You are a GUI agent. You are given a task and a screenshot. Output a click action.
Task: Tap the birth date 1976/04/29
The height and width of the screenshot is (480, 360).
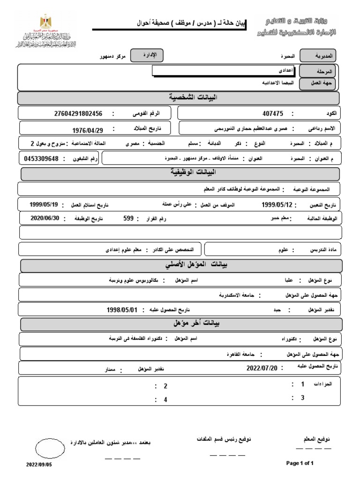[88, 131]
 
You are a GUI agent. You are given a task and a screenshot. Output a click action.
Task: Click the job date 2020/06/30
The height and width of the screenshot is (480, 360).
[45, 218]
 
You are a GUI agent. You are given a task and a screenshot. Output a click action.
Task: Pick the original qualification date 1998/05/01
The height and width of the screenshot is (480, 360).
[122, 310]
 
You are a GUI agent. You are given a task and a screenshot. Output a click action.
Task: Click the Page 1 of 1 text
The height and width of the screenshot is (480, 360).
[300, 463]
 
